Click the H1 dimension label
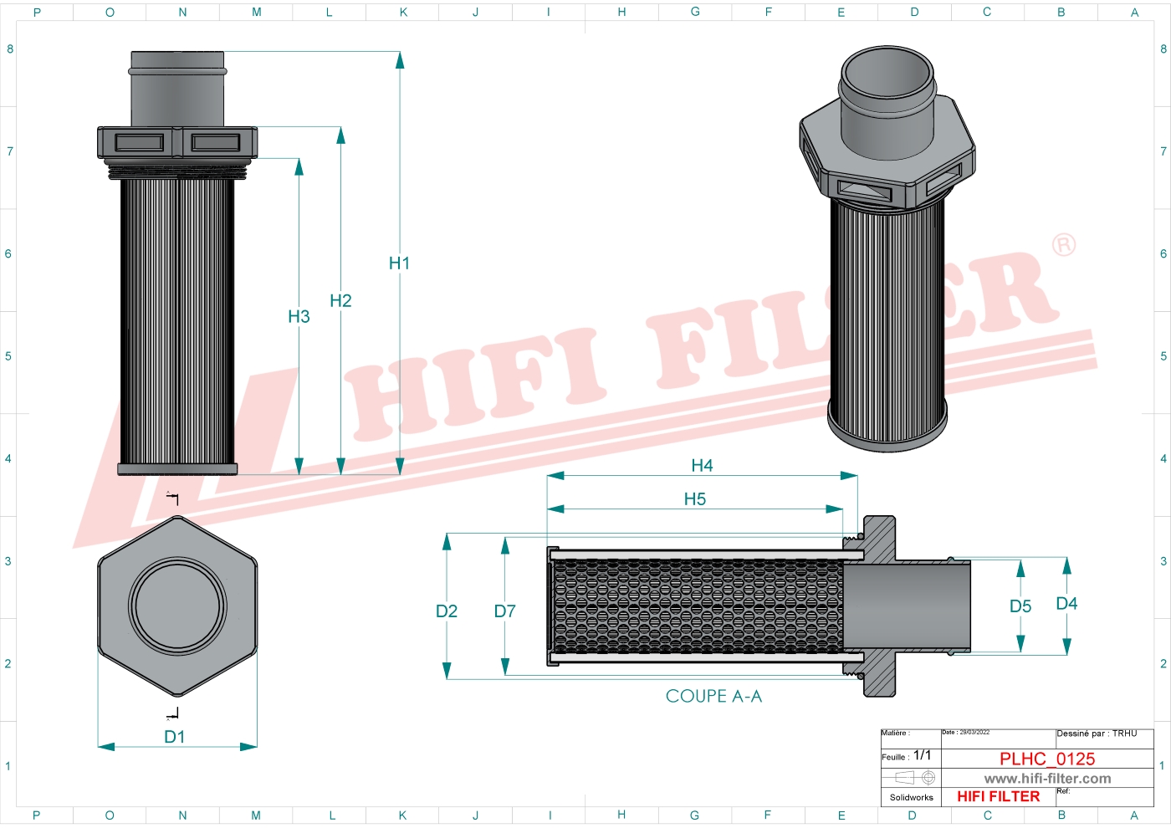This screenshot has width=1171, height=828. [x=399, y=263]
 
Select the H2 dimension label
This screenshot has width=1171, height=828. [x=340, y=301]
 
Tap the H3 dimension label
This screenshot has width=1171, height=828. [x=299, y=317]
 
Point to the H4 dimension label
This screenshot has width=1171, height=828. [x=702, y=466]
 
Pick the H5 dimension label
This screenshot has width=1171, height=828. [x=694, y=499]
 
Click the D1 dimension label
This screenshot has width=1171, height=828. [x=174, y=737]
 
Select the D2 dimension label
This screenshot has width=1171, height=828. [x=447, y=611]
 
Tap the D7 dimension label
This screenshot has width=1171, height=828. [x=504, y=611]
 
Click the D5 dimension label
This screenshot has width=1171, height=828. [x=1020, y=606]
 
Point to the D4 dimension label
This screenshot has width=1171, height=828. [x=1066, y=604]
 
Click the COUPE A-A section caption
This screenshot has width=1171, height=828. [x=713, y=696]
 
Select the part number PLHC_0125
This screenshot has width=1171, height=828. [x=1047, y=759]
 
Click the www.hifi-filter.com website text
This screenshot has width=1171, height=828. [x=1047, y=779]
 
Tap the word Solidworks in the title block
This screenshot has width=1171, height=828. [x=911, y=797]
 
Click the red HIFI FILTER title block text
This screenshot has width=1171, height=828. [x=998, y=796]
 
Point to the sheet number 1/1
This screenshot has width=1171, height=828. [x=922, y=755]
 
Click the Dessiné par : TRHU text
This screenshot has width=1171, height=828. [x=1097, y=733]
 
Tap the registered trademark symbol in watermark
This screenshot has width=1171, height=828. [x=1063, y=245]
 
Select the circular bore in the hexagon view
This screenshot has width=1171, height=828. [x=177, y=606]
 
